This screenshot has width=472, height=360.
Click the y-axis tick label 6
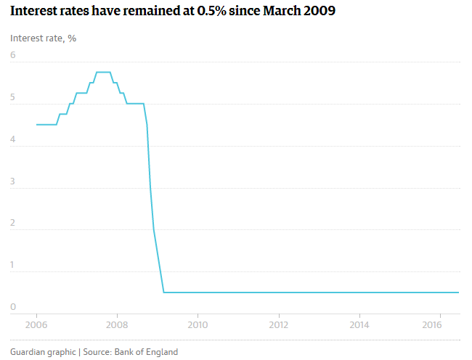[13, 55]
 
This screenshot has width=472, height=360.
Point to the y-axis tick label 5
[13, 97]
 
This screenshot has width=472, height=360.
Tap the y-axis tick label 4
[13, 139]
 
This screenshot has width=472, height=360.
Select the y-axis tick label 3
[13, 181]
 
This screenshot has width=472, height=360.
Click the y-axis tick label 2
[13, 223]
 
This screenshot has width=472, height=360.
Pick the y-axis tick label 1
[13, 265]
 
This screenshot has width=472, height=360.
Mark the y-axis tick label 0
[13, 307]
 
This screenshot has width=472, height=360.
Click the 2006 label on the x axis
[36, 324]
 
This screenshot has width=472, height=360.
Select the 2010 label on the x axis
[198, 324]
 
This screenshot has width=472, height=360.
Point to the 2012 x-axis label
[278, 324]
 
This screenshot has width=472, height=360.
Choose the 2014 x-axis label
[359, 324]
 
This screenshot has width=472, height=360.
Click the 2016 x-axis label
[432, 324]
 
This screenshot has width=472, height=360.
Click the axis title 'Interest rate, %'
[44, 38]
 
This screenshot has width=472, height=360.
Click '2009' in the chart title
[320, 12]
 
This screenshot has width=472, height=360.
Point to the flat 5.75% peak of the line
[103, 72]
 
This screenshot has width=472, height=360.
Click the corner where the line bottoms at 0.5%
[164, 292]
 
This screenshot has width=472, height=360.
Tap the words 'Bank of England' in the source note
[146, 352]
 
